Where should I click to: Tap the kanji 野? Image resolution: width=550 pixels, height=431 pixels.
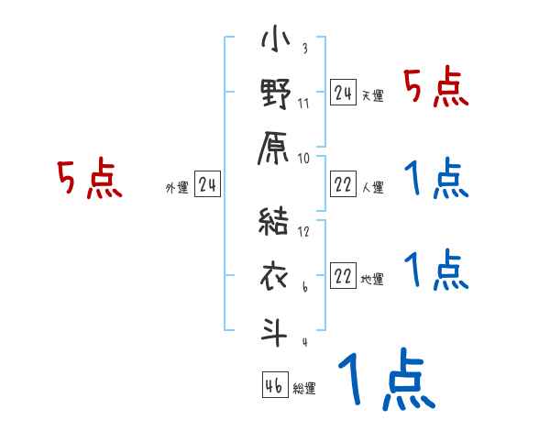276,95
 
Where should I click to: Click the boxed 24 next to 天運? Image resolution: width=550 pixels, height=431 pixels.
343,93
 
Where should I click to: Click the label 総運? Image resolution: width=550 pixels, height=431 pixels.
304,389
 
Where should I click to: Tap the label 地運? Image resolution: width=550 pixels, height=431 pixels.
372,280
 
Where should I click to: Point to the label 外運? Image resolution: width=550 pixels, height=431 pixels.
177,188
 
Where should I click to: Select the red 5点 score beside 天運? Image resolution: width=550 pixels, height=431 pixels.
436,89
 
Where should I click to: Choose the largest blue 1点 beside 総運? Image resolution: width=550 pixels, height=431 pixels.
385,382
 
